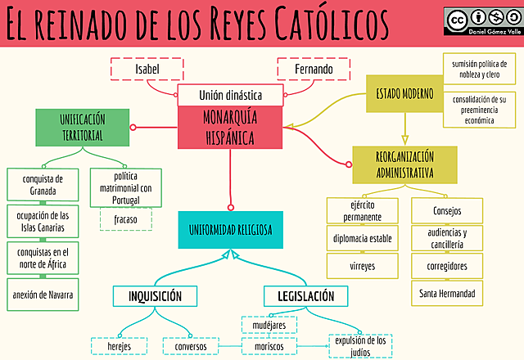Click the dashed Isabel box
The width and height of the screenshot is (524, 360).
147,70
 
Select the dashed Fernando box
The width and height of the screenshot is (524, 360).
314,70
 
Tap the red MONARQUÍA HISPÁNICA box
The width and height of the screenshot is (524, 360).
230,126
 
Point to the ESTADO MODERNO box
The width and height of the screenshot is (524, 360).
403,92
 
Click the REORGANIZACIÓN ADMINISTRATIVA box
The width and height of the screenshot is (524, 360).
404,164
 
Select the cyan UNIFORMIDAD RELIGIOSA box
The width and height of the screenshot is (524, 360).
230,230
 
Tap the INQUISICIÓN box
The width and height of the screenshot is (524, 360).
155,296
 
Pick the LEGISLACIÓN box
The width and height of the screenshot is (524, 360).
305,296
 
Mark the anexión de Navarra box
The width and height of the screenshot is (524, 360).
43,295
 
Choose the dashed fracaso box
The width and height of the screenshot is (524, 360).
126,219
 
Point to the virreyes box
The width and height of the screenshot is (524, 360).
362,266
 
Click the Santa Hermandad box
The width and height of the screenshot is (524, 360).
445,293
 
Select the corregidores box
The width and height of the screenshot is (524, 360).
445,266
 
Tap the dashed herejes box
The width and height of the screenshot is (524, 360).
120,347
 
